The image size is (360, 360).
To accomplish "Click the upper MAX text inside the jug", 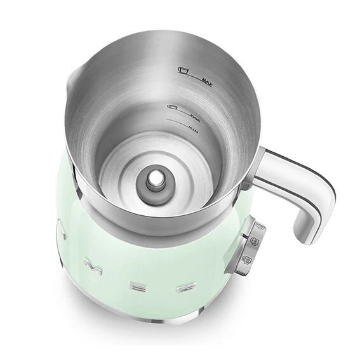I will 206,81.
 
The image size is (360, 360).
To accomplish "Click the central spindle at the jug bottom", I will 154,180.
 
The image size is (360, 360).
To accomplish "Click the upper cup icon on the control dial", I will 255,240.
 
